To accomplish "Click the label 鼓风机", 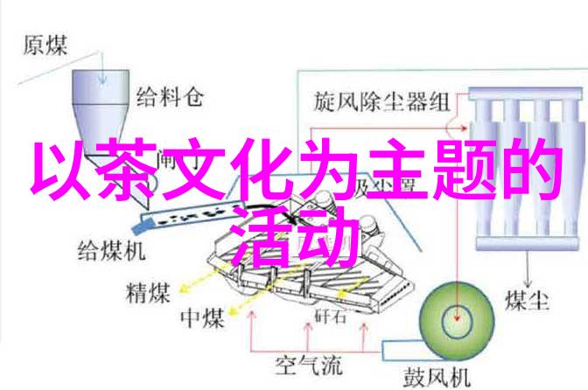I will click(x=432, y=377).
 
